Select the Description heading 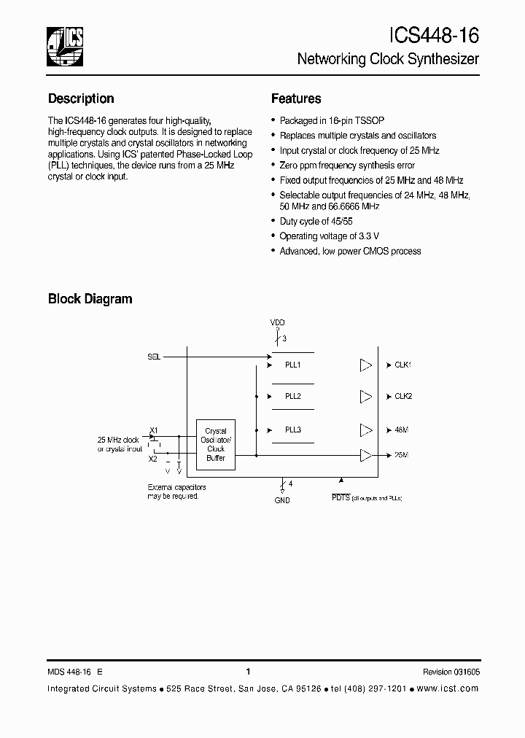pyautogui.click(x=81, y=98)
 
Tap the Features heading pyautogui.click(x=296, y=98)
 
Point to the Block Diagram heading pyautogui.click(x=90, y=298)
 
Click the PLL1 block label pyautogui.click(x=293, y=364)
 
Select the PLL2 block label pyautogui.click(x=293, y=396)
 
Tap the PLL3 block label pyautogui.click(x=293, y=430)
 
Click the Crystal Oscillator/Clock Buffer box pyautogui.click(x=216, y=444)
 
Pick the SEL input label pyautogui.click(x=153, y=357)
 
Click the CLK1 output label pyautogui.click(x=403, y=365)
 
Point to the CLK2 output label pyautogui.click(x=403, y=396)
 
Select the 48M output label pyautogui.click(x=401, y=430)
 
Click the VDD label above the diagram pyautogui.click(x=278, y=322)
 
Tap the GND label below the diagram pyautogui.click(x=282, y=500)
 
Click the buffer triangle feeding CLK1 pyautogui.click(x=366, y=365)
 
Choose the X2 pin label pyautogui.click(x=153, y=459)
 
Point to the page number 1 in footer pyautogui.click(x=249, y=672)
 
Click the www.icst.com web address pyautogui.click(x=448, y=689)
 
